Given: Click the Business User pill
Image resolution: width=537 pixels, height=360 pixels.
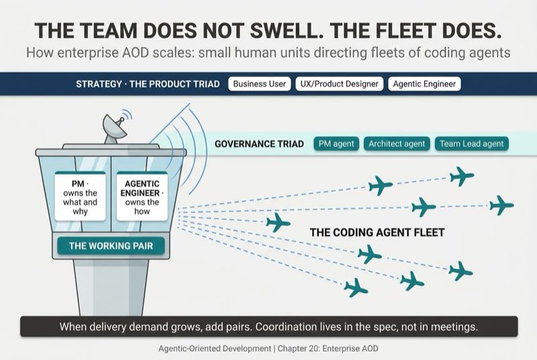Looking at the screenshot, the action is pos(259,84).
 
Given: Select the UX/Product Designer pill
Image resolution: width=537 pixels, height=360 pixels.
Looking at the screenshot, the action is pos(339,84).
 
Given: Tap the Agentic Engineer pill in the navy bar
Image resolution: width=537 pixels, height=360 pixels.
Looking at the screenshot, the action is pos(424,84).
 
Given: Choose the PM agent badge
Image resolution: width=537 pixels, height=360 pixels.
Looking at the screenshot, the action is pos(336,144).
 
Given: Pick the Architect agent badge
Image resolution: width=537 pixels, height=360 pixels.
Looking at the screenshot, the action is pos(397,144).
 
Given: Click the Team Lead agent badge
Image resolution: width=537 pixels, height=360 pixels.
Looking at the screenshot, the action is pos(472,144).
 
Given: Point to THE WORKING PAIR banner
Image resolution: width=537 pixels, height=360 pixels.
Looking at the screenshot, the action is pos(111,246).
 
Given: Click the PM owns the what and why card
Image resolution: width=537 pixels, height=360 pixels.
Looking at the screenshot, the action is pos(80,197).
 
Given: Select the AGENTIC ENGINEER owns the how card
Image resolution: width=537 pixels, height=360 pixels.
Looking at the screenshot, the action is pos(142,197).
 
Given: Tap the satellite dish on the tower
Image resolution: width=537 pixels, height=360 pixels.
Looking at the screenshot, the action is pos(115,128).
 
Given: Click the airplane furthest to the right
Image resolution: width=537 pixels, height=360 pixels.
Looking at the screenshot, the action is pos(501,205).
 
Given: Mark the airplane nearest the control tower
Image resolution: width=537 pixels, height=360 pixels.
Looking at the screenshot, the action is pos(278,222).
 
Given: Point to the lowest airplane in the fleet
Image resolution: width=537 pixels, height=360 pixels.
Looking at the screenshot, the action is pos(356,287).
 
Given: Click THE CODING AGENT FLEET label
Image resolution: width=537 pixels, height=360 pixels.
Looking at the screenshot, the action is pos(377,232).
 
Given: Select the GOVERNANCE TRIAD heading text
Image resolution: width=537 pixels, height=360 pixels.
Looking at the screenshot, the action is pos(259,144).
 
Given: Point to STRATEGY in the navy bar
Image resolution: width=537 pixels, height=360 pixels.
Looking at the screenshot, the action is pos(99,84).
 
